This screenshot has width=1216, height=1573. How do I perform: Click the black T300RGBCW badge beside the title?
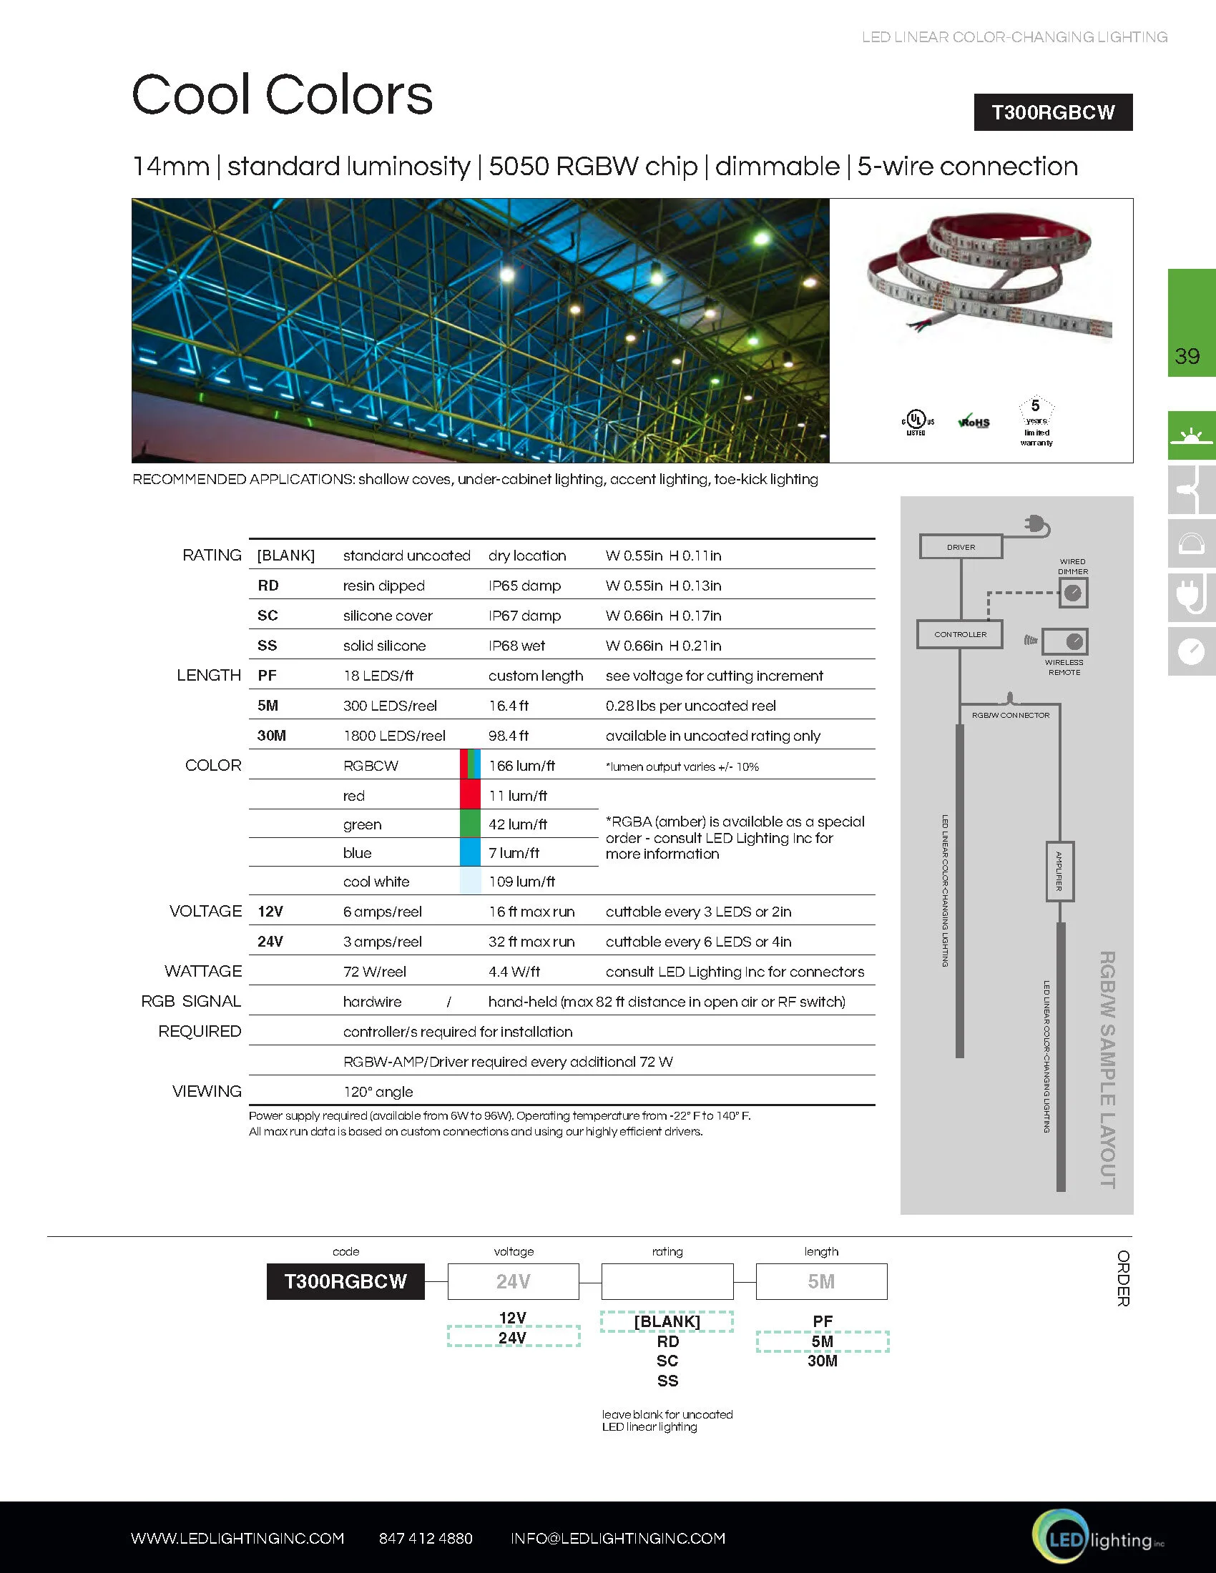(x=1052, y=112)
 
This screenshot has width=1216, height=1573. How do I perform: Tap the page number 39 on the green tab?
(x=1187, y=356)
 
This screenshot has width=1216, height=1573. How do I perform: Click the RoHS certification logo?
(x=974, y=422)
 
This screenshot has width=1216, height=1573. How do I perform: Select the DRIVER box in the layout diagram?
(x=960, y=547)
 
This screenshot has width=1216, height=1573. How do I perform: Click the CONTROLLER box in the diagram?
(x=959, y=634)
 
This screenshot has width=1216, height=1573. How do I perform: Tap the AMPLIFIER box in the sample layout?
(x=1059, y=871)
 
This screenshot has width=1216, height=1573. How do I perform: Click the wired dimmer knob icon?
(x=1073, y=593)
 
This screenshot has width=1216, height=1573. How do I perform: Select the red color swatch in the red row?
(x=470, y=794)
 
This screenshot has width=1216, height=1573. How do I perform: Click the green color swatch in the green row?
(x=470, y=823)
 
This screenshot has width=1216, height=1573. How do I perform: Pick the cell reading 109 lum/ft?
(x=521, y=882)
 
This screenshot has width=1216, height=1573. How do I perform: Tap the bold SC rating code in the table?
(x=268, y=616)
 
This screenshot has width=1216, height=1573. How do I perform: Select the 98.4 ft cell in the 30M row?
(x=508, y=735)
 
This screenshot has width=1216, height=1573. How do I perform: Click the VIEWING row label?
(x=207, y=1091)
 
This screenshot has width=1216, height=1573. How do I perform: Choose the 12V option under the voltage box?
(x=512, y=1317)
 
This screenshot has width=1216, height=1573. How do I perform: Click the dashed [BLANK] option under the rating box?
(x=667, y=1321)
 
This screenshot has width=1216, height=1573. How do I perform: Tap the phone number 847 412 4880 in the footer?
(x=425, y=1539)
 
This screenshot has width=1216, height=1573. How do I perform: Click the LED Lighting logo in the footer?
(x=1095, y=1539)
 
